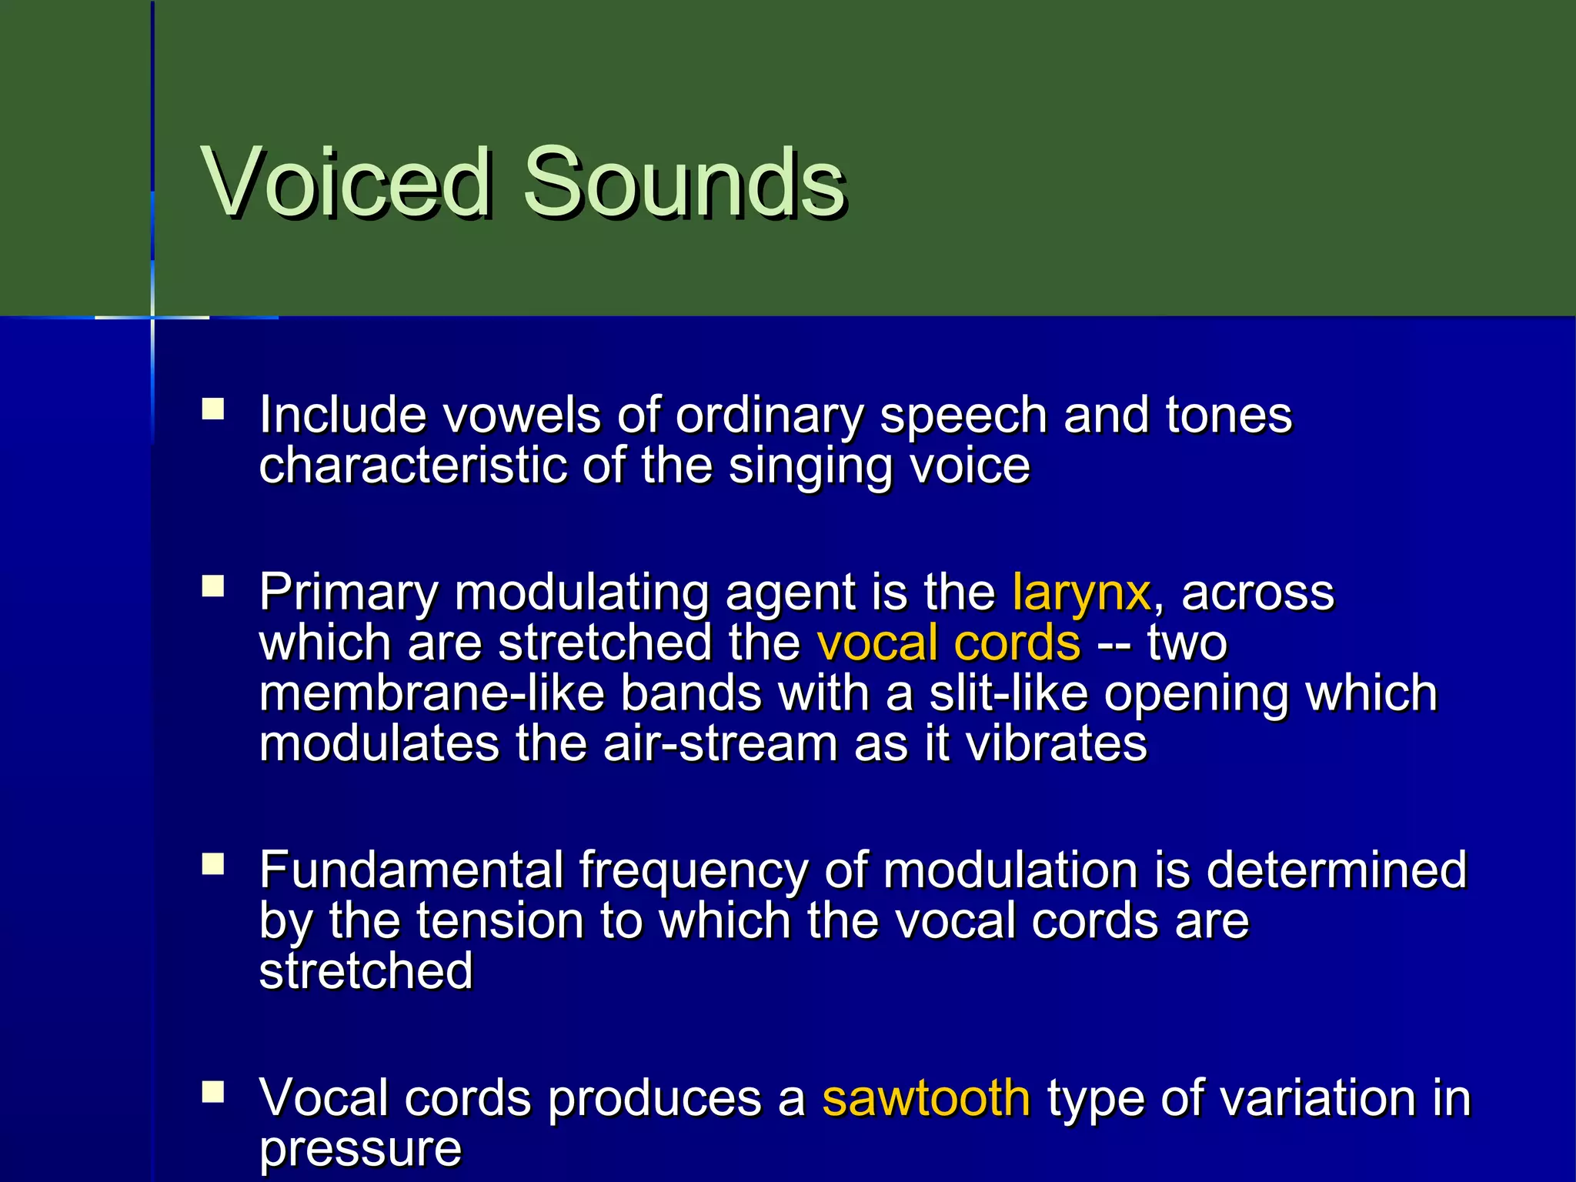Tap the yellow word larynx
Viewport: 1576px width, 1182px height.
coord(1080,593)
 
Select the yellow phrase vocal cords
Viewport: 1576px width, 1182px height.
coord(948,643)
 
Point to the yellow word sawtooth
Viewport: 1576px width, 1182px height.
coord(926,1097)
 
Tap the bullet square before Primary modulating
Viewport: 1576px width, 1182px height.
coord(213,587)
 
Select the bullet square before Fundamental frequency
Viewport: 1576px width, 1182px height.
coord(213,864)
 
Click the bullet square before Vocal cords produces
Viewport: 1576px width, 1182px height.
coord(213,1092)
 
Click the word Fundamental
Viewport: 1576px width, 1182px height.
coord(411,870)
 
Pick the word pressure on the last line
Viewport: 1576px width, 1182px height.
coord(360,1150)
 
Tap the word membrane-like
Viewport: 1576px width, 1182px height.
coord(432,694)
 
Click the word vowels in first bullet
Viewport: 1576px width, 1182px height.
coord(522,416)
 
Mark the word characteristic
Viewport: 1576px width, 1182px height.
coord(412,466)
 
